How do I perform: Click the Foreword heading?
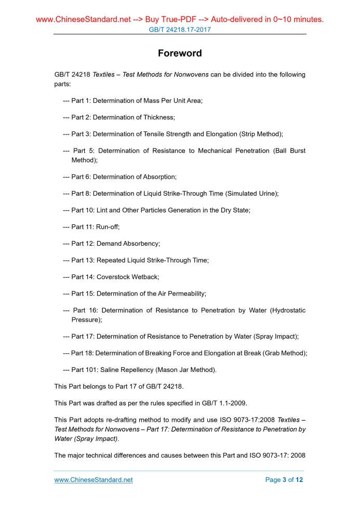tap(180, 53)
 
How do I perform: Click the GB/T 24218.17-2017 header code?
tap(180, 30)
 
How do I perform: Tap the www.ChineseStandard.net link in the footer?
tap(94, 480)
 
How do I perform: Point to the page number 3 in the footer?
tap(284, 480)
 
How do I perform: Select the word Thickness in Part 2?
tap(157, 117)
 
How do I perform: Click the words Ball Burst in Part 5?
tap(289, 151)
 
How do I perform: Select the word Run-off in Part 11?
tap(108, 227)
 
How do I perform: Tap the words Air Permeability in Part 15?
tap(181, 293)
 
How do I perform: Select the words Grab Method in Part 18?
tap(285, 353)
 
